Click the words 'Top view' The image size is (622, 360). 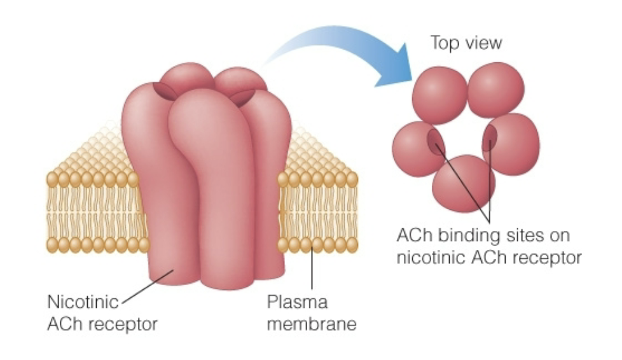coord(466,43)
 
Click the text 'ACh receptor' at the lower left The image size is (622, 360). coord(102,324)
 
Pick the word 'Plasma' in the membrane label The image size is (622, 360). coord(296,301)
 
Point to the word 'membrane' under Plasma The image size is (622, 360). coord(311,324)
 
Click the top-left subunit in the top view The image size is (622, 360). coord(439,95)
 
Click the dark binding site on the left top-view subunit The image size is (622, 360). coord(436,139)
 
